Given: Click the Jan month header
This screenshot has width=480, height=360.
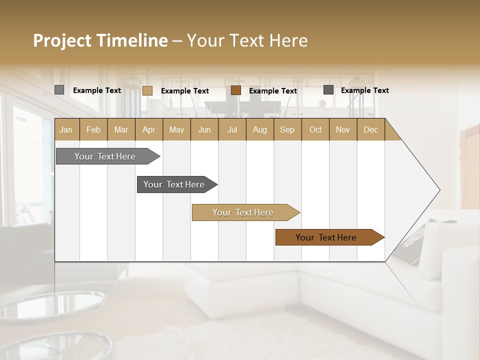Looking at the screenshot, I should click(66, 129).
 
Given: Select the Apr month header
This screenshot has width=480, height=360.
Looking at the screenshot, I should click(149, 129).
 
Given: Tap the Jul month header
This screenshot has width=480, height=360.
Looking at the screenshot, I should click(232, 129).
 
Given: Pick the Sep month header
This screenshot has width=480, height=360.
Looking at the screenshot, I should click(287, 129).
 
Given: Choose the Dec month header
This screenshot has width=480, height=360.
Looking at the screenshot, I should click(370, 129).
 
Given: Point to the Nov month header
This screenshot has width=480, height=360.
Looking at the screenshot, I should click(343, 129).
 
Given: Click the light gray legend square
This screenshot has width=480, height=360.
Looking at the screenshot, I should click(59, 90).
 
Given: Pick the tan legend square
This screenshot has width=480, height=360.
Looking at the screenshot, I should click(147, 90).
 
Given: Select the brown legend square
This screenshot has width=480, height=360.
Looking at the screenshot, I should click(236, 90).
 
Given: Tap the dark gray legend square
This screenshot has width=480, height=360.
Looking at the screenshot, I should click(328, 90).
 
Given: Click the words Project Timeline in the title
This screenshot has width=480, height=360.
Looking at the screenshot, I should click(100, 40).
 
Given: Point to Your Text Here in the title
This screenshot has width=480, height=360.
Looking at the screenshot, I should click(247, 40).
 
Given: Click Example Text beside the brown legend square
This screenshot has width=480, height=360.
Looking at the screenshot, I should click(272, 90).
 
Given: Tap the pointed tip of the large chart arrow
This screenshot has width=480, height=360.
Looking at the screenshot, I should click(438, 190).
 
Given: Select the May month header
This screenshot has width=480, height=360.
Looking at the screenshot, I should click(176, 129).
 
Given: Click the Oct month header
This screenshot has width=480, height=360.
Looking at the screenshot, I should click(315, 129).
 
